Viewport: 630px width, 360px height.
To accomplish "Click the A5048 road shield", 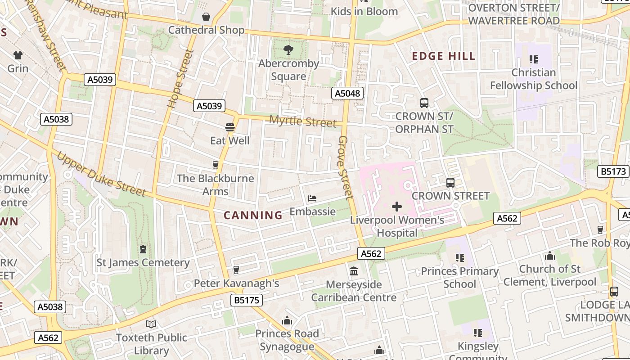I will pos(347,93).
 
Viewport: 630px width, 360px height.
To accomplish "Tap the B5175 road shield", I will pos(247,300).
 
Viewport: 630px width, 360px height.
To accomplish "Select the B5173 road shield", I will pos(613,171).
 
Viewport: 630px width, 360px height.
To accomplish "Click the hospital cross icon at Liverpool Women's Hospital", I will pos(396,207).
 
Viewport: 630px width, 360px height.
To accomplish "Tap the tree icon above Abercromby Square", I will pos(288,50).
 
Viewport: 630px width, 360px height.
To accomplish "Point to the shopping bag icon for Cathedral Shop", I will pos(206,17).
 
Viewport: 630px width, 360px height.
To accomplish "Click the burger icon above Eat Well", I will pos(230,127).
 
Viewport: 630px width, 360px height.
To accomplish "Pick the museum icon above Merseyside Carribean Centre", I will pos(354,271).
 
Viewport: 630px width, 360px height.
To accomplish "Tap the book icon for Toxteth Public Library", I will pos(151,324).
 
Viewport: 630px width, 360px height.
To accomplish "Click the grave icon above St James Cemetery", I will pos(143,249).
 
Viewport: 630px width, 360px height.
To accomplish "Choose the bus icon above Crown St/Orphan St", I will pos(424,103).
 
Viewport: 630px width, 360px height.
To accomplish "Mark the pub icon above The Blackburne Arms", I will pos(215,165).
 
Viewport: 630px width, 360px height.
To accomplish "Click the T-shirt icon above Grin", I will pos(18,55).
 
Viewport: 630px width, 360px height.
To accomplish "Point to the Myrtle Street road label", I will pos(302,121).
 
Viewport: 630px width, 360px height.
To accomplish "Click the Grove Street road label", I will pos(346,167).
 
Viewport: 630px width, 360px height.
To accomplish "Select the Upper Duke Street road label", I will pos(102,175).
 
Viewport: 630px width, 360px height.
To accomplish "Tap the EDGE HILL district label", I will pos(444,56).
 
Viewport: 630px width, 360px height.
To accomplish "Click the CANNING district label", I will pos(253,216).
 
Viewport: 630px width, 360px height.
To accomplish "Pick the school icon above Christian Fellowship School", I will pos(534,59).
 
